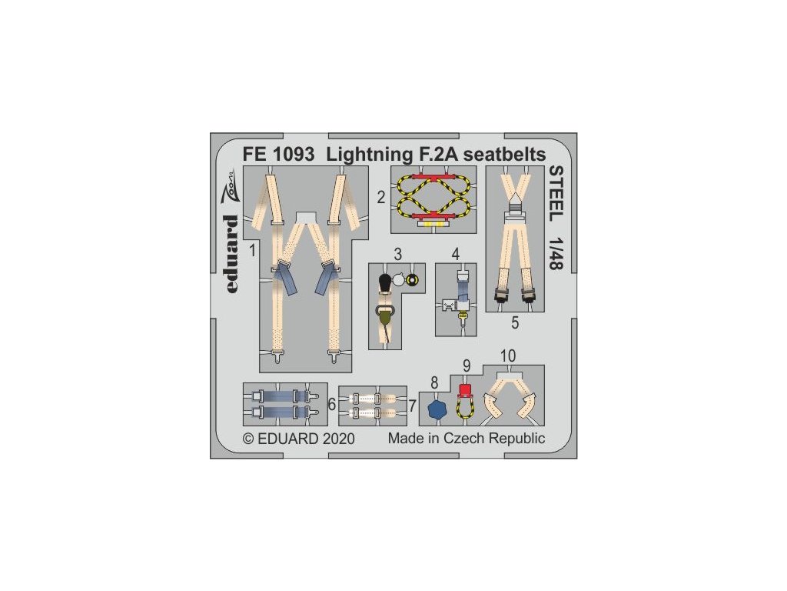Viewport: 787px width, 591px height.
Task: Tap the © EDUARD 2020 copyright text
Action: click(298, 439)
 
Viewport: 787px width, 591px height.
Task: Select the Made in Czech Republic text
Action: click(466, 439)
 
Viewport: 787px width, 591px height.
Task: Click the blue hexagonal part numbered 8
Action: click(437, 409)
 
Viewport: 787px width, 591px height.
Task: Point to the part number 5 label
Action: click(515, 323)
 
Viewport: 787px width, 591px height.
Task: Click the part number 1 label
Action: click(252, 249)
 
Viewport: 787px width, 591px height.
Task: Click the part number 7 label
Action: click(412, 406)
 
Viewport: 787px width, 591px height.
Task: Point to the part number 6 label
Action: click(331, 404)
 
